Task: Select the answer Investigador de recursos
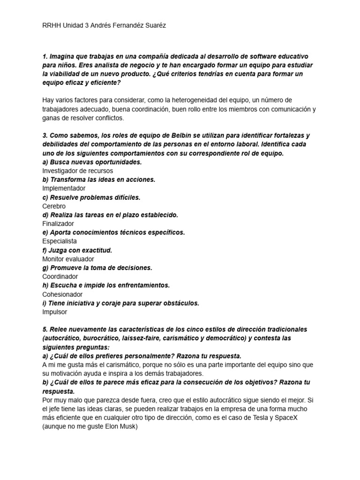coord(77,171)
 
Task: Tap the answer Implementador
coord(64,188)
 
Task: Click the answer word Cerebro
coord(54,206)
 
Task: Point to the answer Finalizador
coord(58,224)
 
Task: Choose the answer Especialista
coord(60,241)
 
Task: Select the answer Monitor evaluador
coord(68,259)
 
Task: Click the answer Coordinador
coord(60,277)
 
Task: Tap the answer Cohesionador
coord(62,294)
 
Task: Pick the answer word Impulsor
coord(54,312)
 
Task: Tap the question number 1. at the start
coord(45,56)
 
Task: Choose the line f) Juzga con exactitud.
coord(77,250)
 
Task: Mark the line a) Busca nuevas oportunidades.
coord(92,162)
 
